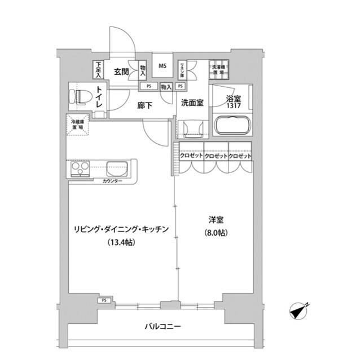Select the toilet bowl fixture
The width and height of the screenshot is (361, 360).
tap(78, 96)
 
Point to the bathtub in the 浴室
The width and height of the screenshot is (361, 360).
tap(232, 126)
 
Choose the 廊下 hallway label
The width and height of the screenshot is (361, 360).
tap(146, 104)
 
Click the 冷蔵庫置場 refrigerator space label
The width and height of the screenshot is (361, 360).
tap(77, 125)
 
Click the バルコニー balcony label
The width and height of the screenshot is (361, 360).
tap(162, 326)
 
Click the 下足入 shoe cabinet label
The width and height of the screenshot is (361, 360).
tap(98, 69)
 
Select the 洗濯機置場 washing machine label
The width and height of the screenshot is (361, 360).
tap(218, 69)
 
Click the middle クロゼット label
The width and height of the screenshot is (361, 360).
tap(216, 156)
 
